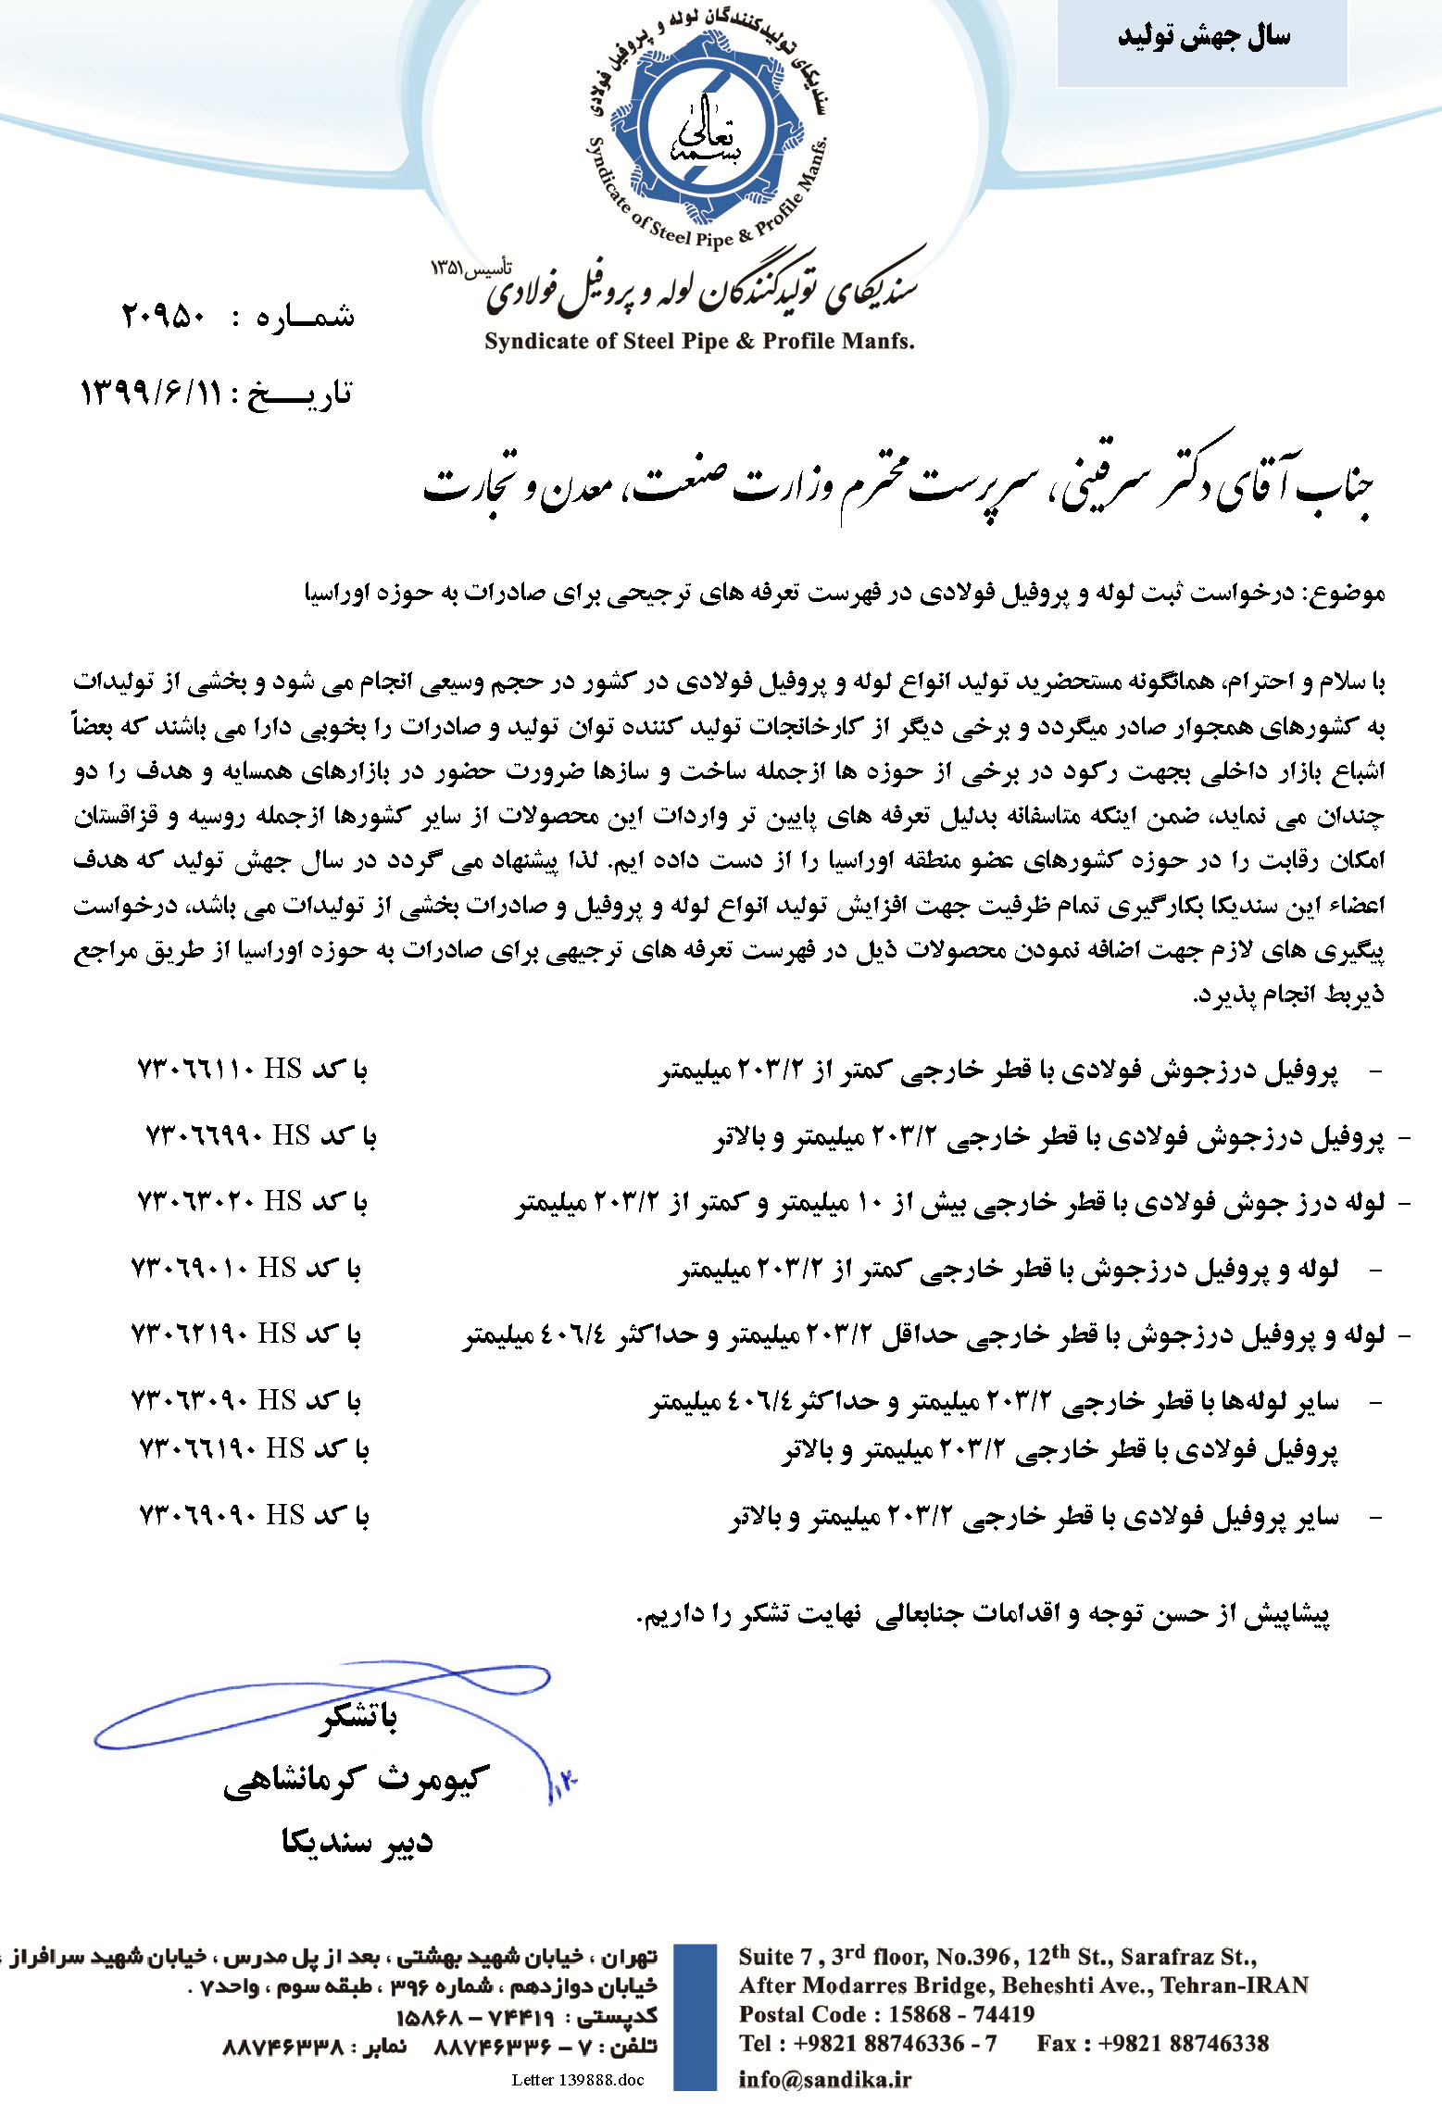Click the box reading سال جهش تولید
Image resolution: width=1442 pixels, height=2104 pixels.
[x=1202, y=38]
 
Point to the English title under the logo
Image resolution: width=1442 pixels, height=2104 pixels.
[x=699, y=342]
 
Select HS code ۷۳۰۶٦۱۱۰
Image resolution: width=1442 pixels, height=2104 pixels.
[x=195, y=1070]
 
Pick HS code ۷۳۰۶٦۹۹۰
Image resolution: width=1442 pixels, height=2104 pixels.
[x=205, y=1135]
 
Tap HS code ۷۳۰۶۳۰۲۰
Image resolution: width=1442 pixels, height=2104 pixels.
[x=195, y=1201]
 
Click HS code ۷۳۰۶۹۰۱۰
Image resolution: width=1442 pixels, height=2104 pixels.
[x=190, y=1268]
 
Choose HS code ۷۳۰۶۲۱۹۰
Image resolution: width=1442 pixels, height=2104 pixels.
[x=190, y=1334]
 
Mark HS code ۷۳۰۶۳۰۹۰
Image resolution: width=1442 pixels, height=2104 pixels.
[x=190, y=1400]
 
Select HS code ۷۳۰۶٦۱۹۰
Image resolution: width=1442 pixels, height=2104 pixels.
[x=197, y=1447]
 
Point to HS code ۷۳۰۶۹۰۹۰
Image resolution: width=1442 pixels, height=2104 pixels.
[x=197, y=1515]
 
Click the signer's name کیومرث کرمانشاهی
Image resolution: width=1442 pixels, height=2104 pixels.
[x=357, y=1781]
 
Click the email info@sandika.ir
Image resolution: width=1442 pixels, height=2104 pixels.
[x=824, y=2079]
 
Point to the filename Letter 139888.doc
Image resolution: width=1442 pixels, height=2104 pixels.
[x=577, y=2080]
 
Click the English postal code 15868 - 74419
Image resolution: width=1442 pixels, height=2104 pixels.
[x=961, y=2014]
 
